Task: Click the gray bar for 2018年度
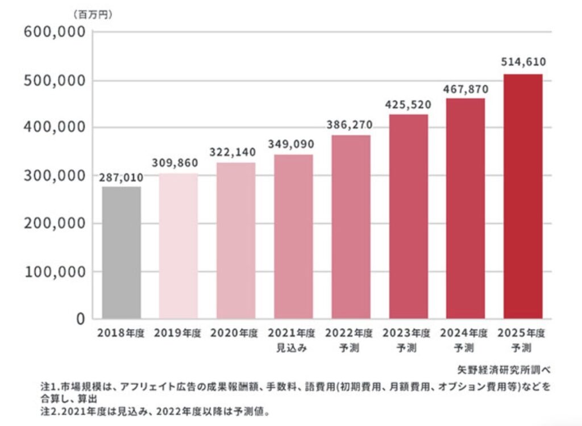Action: [x=121, y=253]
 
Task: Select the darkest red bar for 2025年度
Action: [x=523, y=197]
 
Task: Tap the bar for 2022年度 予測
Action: [x=351, y=227]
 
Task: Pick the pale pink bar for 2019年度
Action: [x=178, y=246]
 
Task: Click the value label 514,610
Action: [x=523, y=61]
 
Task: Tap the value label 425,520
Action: [x=408, y=105]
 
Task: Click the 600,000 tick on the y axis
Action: [x=55, y=32]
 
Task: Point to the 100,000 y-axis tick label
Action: [x=55, y=272]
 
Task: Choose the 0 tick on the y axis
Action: [x=81, y=319]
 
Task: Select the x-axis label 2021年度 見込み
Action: [x=293, y=340]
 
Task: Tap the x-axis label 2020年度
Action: [x=235, y=333]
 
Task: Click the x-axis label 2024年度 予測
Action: [x=465, y=340]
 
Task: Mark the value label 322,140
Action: [x=236, y=152]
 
